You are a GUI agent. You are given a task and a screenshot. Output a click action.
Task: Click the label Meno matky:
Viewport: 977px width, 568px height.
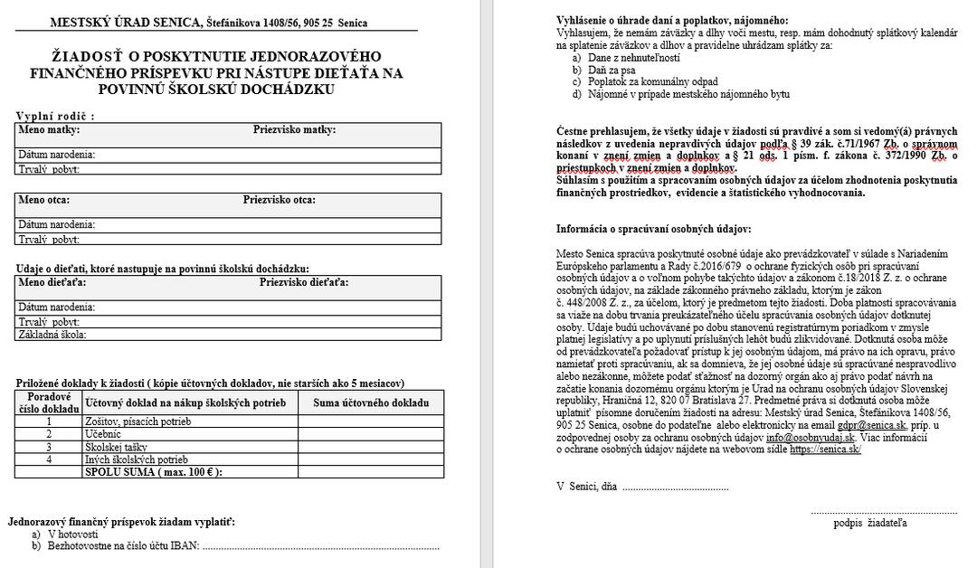coord(44,130)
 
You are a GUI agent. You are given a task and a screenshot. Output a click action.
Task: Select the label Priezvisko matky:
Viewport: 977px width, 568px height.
coord(294,130)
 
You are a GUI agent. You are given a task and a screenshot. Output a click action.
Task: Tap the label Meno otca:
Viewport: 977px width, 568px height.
coord(44,200)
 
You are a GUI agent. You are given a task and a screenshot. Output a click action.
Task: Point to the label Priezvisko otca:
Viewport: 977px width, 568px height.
coord(279,200)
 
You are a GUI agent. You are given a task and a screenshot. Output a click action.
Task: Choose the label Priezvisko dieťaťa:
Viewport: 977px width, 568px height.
coord(304,282)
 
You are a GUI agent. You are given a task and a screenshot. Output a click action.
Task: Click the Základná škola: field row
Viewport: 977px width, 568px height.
coord(230,335)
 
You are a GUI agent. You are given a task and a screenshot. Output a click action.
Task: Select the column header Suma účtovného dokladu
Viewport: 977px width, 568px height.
coord(371,402)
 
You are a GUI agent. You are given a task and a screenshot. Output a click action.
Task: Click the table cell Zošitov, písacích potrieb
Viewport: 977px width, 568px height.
coord(138,421)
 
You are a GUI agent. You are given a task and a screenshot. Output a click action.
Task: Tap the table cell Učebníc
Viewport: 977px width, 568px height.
coord(103,434)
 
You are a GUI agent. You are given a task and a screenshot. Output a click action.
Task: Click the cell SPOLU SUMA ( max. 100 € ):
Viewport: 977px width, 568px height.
coord(153,472)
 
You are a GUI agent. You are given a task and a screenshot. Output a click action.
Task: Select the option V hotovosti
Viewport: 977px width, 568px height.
coord(72,535)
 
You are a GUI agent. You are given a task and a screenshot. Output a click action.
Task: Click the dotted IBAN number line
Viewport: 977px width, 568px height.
coord(321,547)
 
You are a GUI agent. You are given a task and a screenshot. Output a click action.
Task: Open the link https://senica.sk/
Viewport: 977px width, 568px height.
coord(825,449)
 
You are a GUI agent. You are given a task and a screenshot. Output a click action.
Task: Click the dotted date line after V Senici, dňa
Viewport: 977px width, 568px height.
coord(675,488)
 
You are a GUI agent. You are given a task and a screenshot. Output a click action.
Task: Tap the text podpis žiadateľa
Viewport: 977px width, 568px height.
coord(870,523)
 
